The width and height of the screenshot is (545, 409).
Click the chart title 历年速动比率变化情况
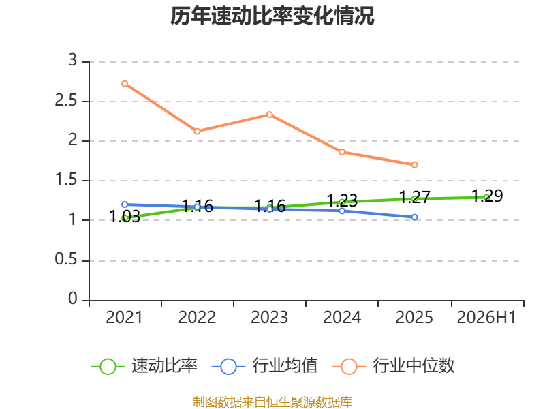(x=272, y=16)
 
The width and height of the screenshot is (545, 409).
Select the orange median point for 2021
(x=125, y=84)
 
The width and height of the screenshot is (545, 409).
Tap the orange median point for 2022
(x=197, y=132)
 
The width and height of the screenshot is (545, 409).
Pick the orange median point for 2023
(x=270, y=115)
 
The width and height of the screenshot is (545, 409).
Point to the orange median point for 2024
(x=342, y=152)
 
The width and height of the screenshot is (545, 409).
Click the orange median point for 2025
(x=414, y=165)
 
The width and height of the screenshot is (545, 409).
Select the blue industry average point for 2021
(x=125, y=204)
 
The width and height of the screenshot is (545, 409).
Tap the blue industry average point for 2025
(x=414, y=217)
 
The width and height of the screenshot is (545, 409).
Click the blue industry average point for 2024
(x=342, y=211)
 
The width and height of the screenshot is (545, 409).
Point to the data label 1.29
(x=487, y=196)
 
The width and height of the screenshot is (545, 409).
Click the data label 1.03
(x=125, y=216)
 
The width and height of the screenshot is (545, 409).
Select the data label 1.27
(x=414, y=197)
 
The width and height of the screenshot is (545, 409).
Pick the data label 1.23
(x=342, y=200)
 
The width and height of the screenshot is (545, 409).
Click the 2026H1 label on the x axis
(x=486, y=317)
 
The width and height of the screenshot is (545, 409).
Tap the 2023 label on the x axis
(x=269, y=317)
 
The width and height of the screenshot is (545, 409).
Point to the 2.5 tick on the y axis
(x=66, y=101)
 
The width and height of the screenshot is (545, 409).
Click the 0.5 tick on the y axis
(x=66, y=260)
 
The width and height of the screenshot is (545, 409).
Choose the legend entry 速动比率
(x=144, y=366)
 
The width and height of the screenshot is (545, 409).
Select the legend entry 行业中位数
(x=394, y=366)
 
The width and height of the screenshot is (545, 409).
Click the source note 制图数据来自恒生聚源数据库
(x=272, y=402)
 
